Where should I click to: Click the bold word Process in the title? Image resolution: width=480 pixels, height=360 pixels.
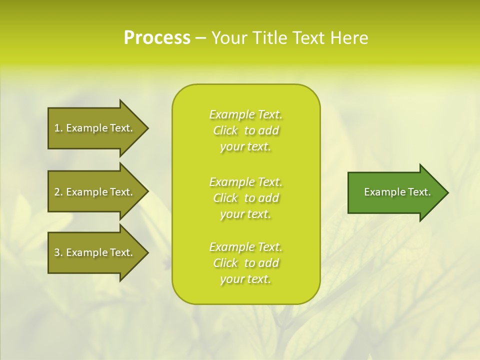coord(157,38)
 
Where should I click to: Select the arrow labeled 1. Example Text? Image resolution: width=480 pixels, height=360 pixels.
coord(95,128)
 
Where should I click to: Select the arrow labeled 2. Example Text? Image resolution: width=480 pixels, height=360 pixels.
coord(95,192)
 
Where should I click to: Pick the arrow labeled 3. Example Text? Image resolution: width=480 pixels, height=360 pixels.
coord(95,252)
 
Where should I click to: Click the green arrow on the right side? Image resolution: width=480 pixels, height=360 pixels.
coord(395,192)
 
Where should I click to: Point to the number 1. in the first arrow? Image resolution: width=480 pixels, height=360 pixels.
coord(58,128)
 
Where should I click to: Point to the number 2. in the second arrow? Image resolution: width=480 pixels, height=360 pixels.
coord(58,192)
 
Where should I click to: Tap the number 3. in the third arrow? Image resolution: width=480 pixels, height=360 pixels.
coord(58,252)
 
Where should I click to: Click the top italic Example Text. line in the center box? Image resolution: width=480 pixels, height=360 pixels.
coord(245,114)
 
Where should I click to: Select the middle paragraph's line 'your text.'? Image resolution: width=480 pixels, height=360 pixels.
coord(245,214)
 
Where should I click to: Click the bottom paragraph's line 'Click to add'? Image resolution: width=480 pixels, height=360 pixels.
coord(245,263)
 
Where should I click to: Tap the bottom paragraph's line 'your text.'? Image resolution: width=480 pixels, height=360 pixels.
coord(245,279)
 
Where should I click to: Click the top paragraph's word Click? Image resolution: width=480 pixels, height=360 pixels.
coord(225,130)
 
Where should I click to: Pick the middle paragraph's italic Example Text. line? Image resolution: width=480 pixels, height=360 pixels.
coord(245,182)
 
